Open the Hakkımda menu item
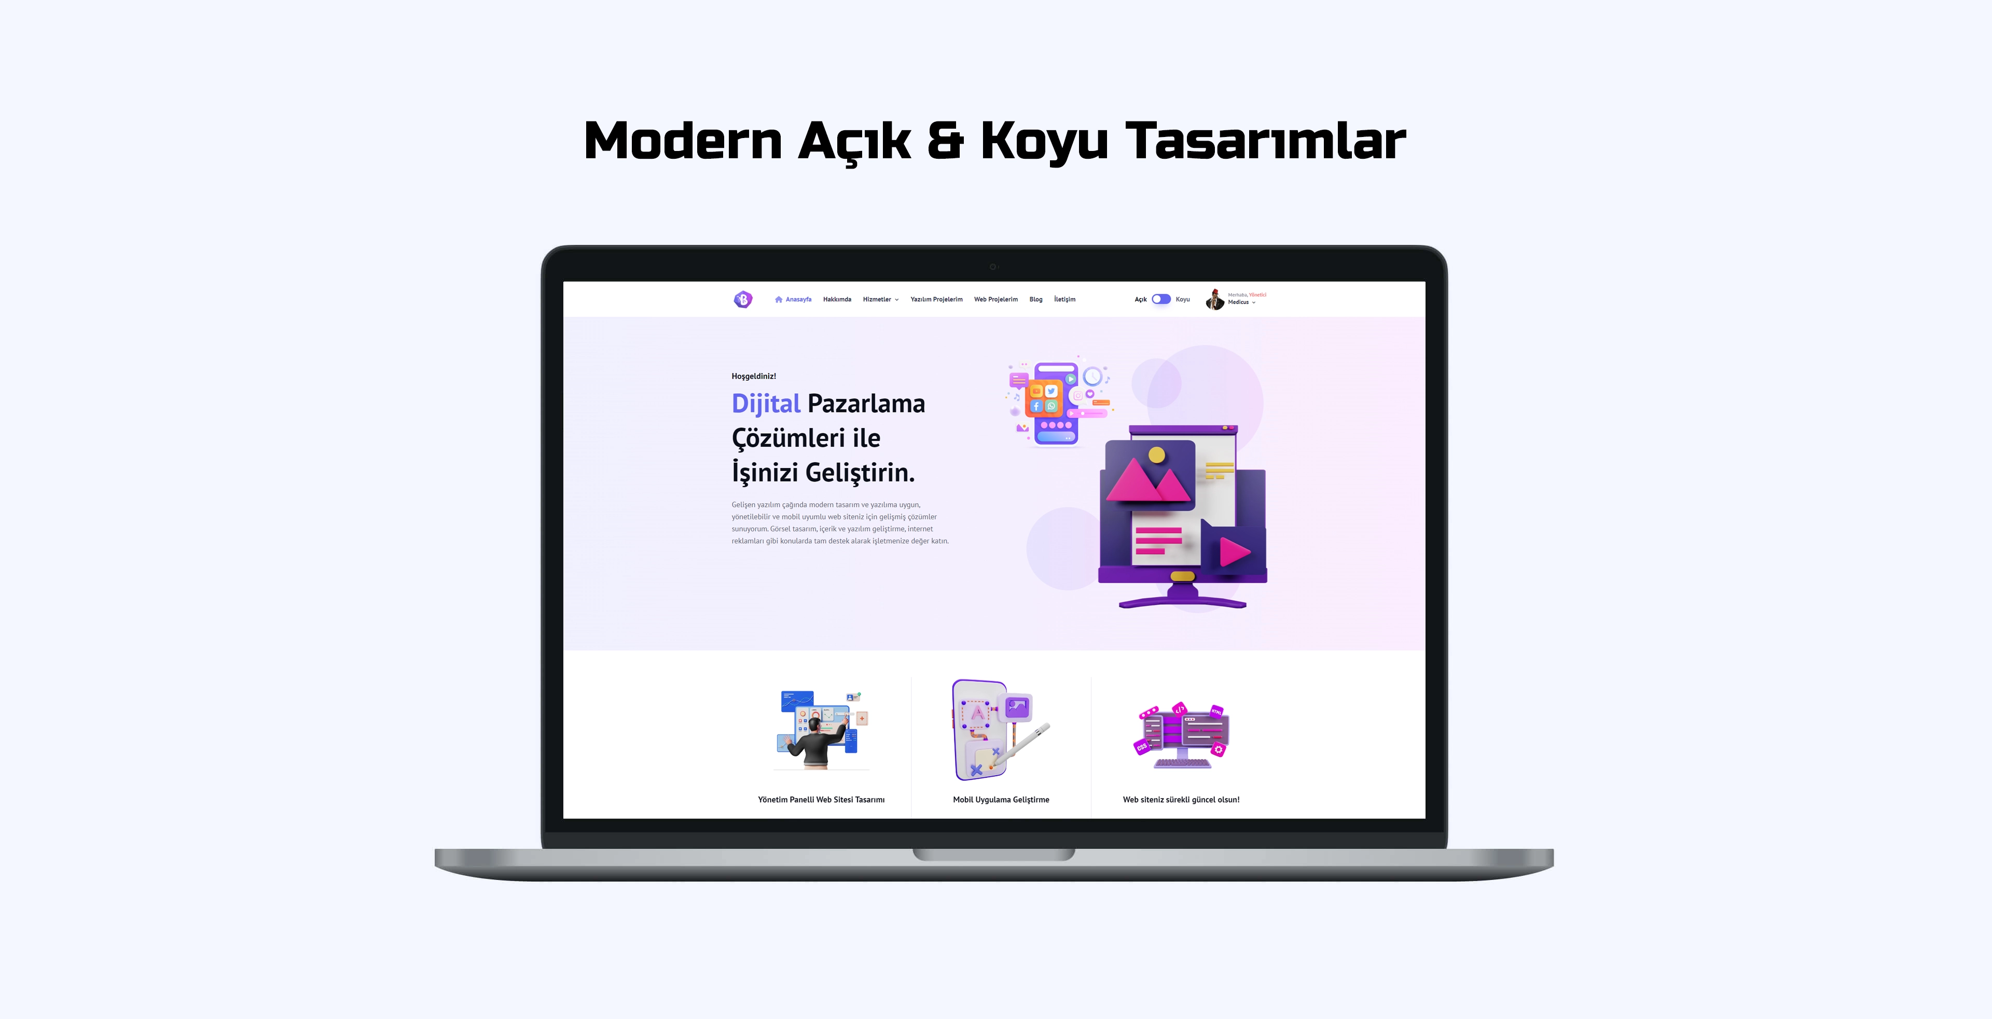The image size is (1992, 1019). pyautogui.click(x=837, y=299)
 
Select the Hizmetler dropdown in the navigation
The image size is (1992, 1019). pyautogui.click(x=880, y=299)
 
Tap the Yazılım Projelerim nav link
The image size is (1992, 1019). pyautogui.click(x=936, y=299)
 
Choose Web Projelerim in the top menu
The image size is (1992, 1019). pyautogui.click(x=995, y=299)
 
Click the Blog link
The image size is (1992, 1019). pyautogui.click(x=1035, y=299)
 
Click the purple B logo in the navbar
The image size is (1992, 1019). pyautogui.click(x=742, y=299)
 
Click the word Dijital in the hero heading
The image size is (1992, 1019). pyautogui.click(x=766, y=404)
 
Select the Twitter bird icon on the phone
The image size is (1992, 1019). pyautogui.click(x=1051, y=391)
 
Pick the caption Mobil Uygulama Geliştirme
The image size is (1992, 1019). pyautogui.click(x=1001, y=800)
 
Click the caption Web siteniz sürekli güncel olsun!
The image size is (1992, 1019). pyautogui.click(x=1181, y=800)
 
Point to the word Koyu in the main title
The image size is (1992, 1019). pyautogui.click(x=1044, y=142)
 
